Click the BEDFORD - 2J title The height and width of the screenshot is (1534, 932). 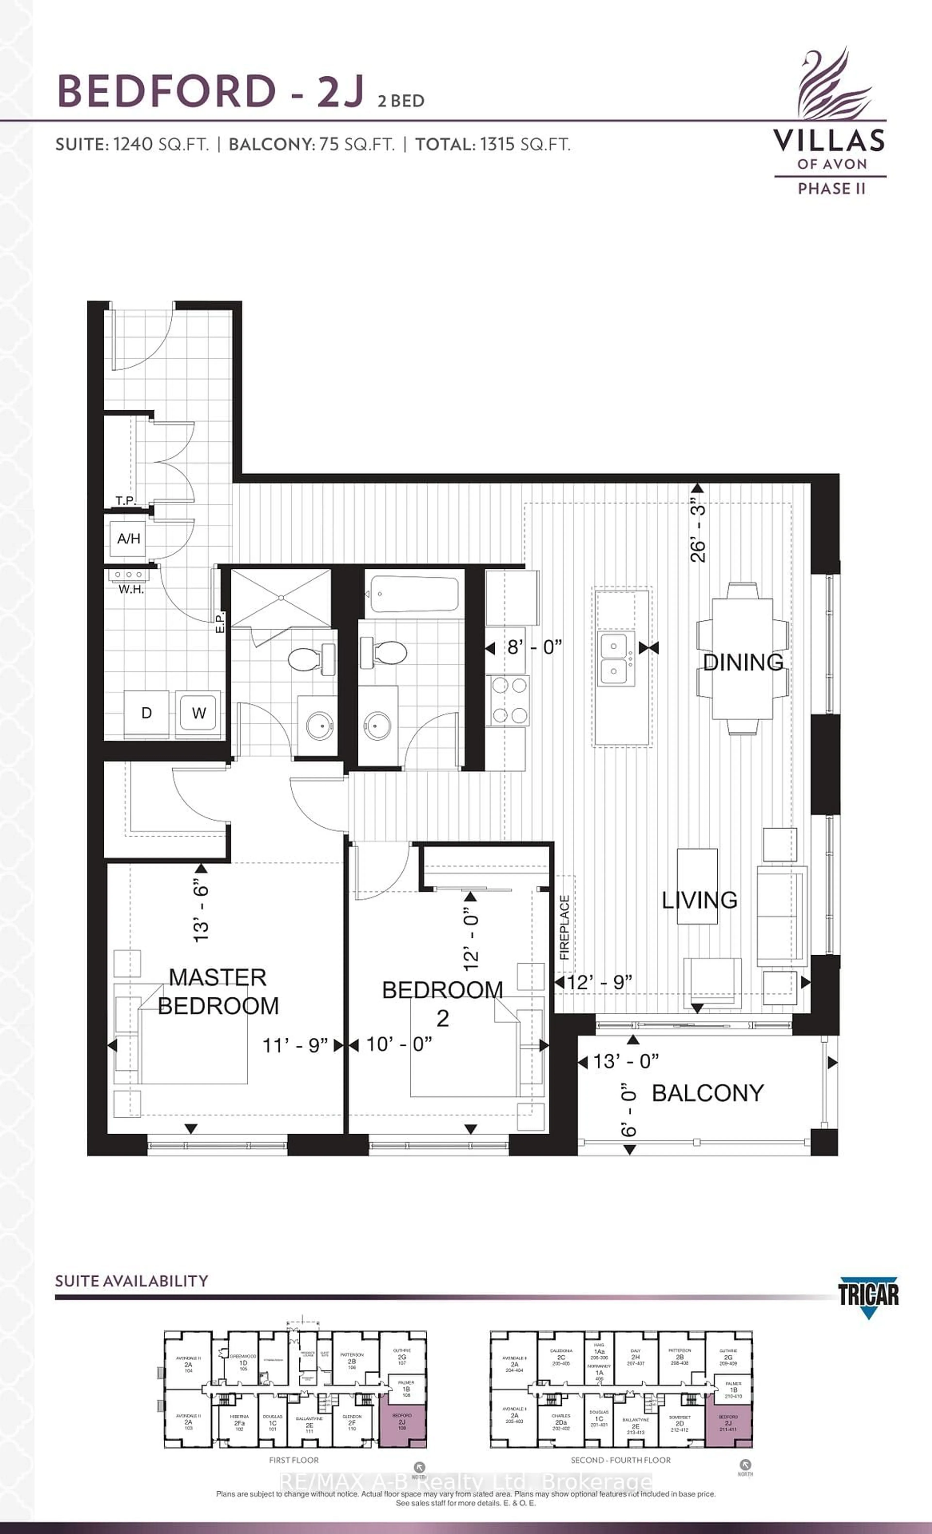[211, 91]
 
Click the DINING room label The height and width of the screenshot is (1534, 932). [743, 662]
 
